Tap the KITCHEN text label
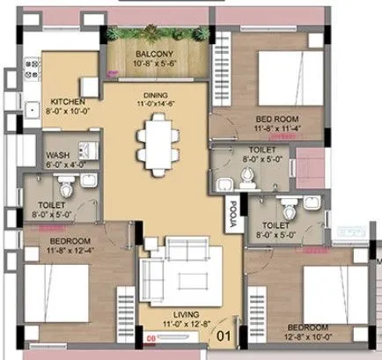pos(67,101)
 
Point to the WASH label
pos(58,155)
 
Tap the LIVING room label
pos(184,314)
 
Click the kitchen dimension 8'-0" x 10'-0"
pos(67,112)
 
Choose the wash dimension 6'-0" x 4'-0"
pos(58,165)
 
